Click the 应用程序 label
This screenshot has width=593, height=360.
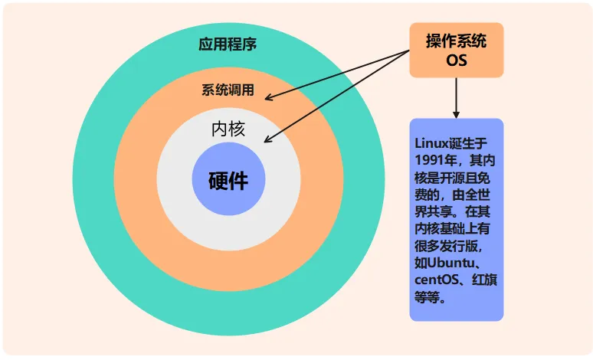click(x=228, y=44)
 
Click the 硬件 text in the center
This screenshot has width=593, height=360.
click(x=228, y=181)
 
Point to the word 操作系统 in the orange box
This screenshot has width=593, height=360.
click(x=456, y=41)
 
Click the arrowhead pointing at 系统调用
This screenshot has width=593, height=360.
click(x=270, y=97)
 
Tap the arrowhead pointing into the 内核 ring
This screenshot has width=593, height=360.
click(x=267, y=140)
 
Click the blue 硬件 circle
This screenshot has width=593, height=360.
click(x=228, y=201)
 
